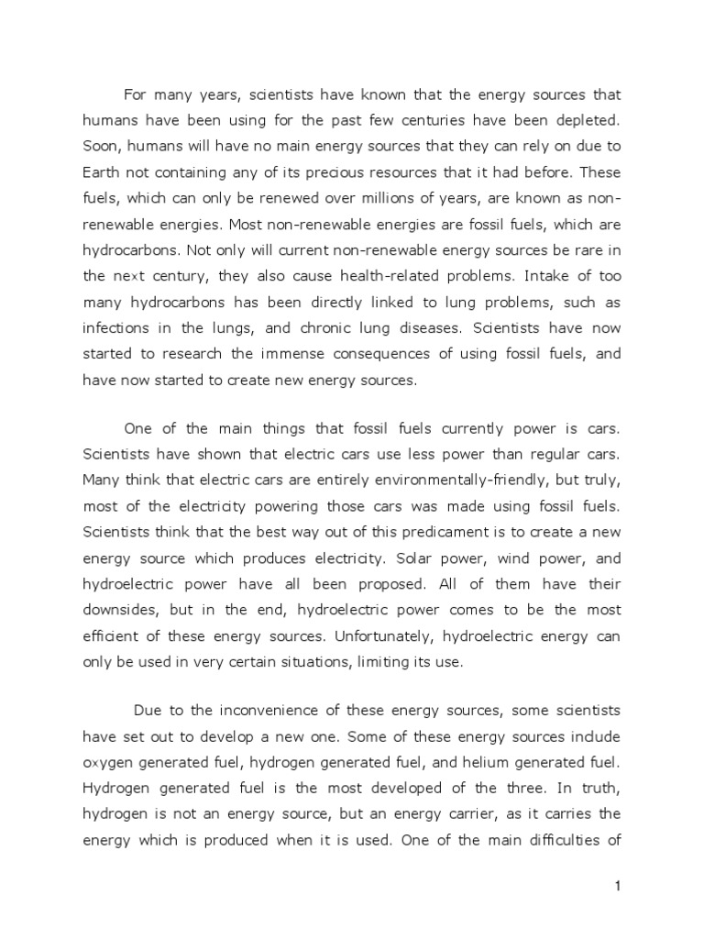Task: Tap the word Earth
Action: click(x=102, y=171)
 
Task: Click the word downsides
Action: click(x=121, y=610)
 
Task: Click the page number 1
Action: click(x=618, y=886)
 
